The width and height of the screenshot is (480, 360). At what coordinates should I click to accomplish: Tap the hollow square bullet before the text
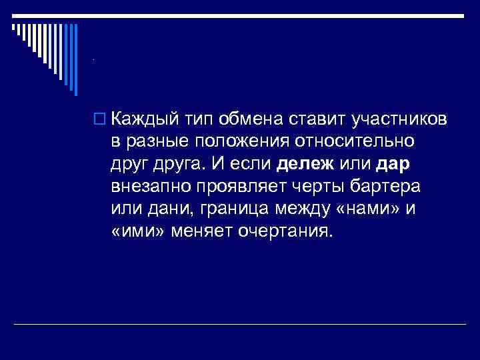[x=101, y=119]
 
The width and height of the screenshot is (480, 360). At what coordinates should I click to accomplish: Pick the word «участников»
[x=396, y=119]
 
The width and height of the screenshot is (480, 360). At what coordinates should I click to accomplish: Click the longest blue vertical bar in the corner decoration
[x=75, y=59]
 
